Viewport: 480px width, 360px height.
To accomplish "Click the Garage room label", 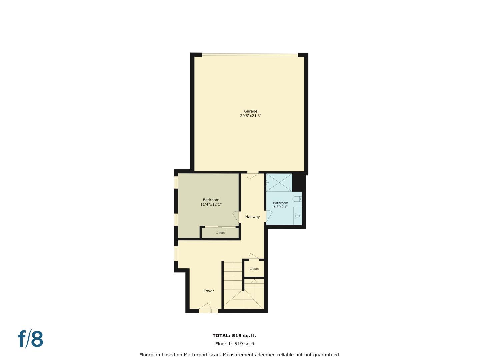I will click(251, 111).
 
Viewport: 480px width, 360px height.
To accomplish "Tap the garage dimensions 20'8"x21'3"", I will click(251, 116).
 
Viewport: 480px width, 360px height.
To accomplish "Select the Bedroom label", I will click(211, 200).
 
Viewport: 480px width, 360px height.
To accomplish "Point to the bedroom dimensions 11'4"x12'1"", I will click(211, 204).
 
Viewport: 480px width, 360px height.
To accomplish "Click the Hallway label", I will click(252, 217).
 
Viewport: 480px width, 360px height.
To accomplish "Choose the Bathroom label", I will click(280, 203).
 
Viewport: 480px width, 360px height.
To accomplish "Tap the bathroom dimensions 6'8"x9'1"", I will click(280, 207).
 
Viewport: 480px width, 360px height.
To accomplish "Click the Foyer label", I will click(209, 291).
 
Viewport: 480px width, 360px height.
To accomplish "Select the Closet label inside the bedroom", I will click(220, 233).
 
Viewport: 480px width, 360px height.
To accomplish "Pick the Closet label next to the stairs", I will click(254, 269).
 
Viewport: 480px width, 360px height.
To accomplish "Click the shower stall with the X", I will click(279, 182).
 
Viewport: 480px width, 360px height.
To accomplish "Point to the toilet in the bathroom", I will click(297, 199).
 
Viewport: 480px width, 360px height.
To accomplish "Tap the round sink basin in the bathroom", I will click(297, 216).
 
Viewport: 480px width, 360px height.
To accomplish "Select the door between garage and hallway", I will click(252, 175).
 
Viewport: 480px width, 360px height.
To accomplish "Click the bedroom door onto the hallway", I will click(236, 217).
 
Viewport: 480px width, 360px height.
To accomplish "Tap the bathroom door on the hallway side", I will click(267, 216).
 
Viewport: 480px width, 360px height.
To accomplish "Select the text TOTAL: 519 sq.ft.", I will click(234, 336).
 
